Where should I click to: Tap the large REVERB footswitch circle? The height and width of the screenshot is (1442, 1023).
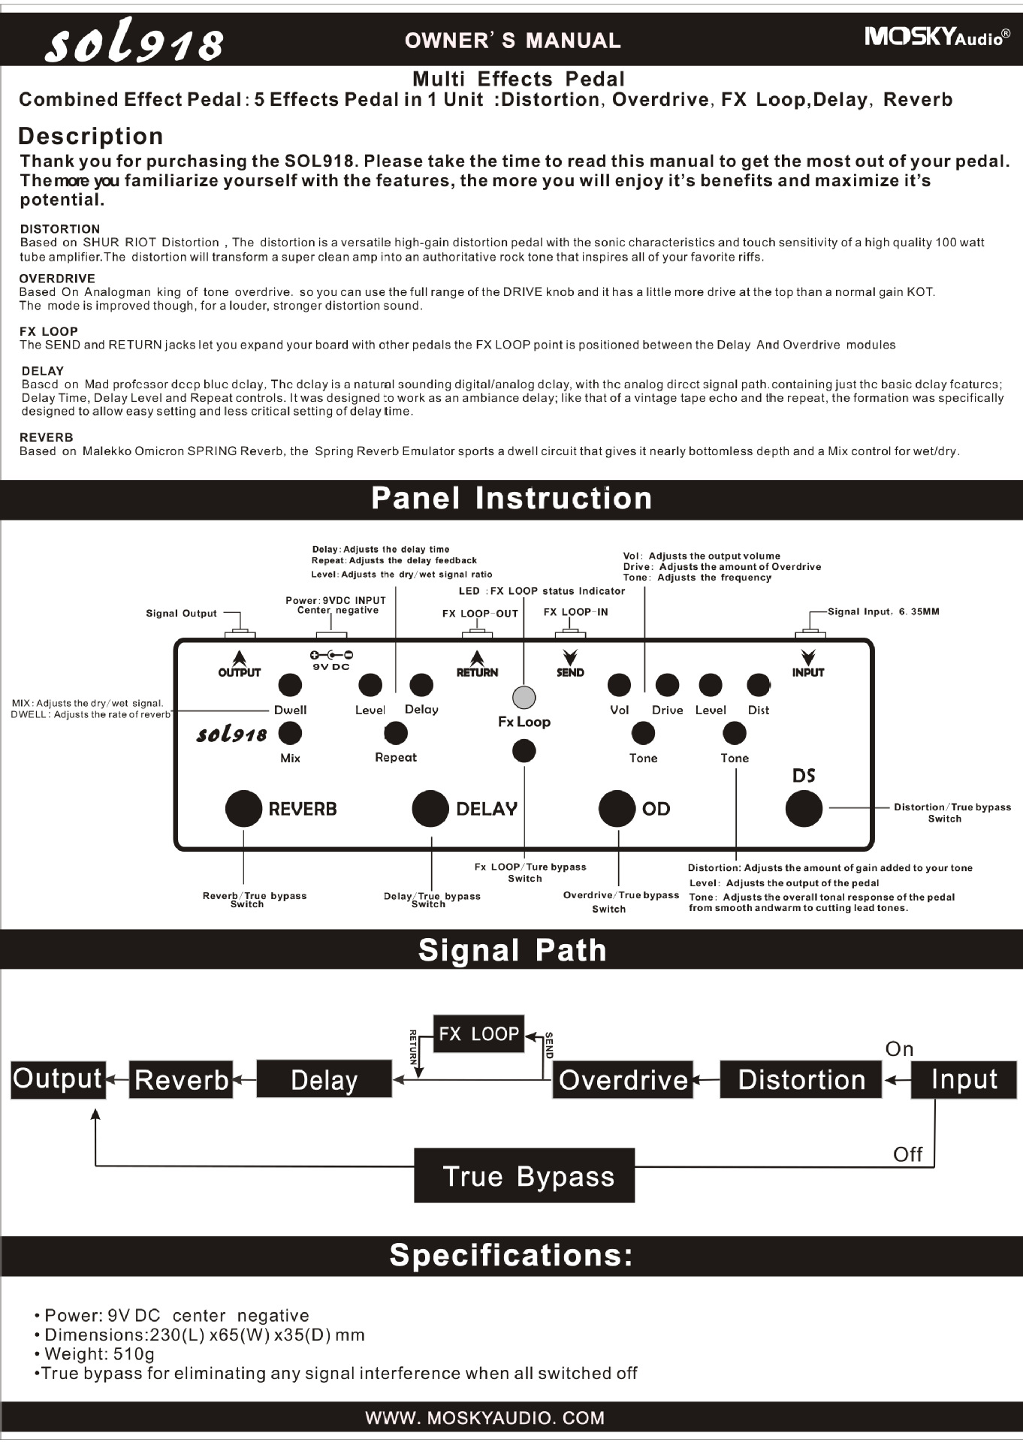243,808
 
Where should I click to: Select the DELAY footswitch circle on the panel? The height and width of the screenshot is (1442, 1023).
430,808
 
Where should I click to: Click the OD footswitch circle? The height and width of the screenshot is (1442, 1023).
617,808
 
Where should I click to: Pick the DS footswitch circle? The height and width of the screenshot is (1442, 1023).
804,809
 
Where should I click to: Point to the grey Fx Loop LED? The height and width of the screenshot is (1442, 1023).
524,697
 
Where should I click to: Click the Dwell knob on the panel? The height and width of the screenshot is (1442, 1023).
290,684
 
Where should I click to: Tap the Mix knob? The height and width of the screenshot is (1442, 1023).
290,733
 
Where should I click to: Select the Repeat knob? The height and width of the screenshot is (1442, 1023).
396,733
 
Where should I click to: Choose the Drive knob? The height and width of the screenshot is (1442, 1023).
667,684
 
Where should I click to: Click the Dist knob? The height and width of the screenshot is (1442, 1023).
759,684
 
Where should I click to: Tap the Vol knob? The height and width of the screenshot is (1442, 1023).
619,684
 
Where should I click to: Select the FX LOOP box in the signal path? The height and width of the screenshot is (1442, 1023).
478,1033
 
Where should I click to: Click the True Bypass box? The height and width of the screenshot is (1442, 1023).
524,1175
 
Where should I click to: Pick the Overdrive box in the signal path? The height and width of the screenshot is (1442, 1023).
623,1080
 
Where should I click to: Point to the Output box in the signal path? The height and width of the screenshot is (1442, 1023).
58,1079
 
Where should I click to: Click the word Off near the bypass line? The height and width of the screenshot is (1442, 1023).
907,1154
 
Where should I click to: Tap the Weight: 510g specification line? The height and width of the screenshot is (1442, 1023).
99,1354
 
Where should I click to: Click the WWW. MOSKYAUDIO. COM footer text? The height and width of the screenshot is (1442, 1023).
484,1418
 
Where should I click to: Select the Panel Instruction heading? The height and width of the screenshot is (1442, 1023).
511,499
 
